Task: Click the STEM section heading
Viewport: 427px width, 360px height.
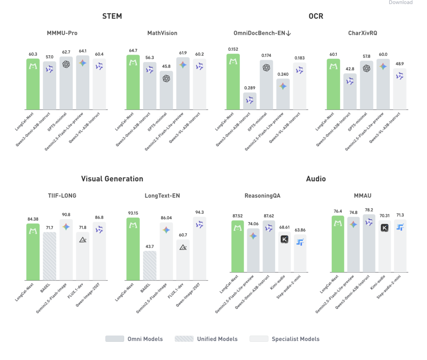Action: pos(112,16)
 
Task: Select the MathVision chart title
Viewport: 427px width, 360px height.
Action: pos(162,33)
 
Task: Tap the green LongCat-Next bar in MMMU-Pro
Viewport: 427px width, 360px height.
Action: pos(33,84)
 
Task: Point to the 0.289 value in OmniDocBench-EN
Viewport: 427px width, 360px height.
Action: pos(249,88)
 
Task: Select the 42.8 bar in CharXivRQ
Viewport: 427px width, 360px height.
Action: pos(350,91)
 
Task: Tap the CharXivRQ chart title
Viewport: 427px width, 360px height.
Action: pos(362,33)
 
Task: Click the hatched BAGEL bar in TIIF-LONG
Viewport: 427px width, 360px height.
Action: pos(49,256)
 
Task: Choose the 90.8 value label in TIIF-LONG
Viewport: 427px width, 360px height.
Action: pos(66,215)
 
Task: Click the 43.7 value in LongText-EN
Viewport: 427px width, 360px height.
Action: pos(149,246)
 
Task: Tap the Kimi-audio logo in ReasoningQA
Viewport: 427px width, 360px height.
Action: pos(284,239)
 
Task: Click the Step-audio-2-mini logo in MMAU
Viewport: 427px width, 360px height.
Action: pos(400,227)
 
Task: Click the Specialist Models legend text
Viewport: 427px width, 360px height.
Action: pos(295,339)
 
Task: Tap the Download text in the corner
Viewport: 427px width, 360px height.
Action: pos(401,2)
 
